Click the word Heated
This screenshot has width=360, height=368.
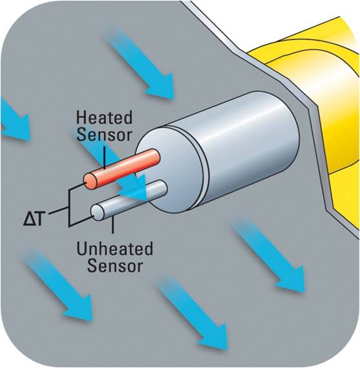pyautogui.click(x=104, y=118)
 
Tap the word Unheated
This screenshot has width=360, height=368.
pyautogui.click(x=114, y=249)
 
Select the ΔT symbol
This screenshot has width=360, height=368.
pyautogui.click(x=34, y=219)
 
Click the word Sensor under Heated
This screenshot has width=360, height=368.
pyautogui.click(x=104, y=135)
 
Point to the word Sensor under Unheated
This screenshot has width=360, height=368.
pyautogui.click(x=115, y=265)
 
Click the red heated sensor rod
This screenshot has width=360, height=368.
pyautogui.click(x=122, y=169)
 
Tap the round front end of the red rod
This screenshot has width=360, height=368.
pyautogui.click(x=90, y=182)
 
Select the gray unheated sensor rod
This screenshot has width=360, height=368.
pyautogui.click(x=129, y=200)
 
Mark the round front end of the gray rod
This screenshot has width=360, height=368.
pyautogui.click(x=98, y=212)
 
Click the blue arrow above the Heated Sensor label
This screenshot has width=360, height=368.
pyautogui.click(x=140, y=63)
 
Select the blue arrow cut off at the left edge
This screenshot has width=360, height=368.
pyautogui.click(x=14, y=120)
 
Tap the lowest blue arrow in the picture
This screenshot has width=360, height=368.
pyautogui.click(x=191, y=313)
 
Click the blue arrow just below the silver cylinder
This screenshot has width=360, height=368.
pyautogui.click(x=268, y=256)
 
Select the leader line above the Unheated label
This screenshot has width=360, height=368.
pyautogui.click(x=113, y=224)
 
